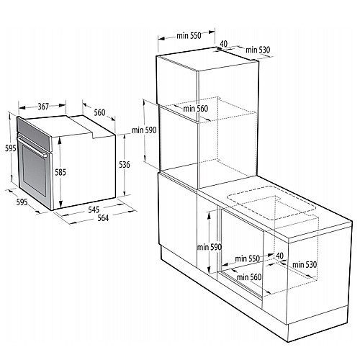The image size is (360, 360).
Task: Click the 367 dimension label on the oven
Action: pyautogui.click(x=43, y=107)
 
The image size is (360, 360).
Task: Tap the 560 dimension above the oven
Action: pyautogui.click(x=99, y=112)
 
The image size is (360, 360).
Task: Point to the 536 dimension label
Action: pyautogui.click(x=125, y=165)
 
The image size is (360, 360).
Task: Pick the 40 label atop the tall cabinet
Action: pyautogui.click(x=224, y=45)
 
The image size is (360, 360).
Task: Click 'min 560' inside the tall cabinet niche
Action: pyautogui.click(x=196, y=109)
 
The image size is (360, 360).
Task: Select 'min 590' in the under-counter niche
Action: pyautogui.click(x=208, y=248)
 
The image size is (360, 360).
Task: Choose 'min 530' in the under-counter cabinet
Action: pyautogui.click(x=301, y=265)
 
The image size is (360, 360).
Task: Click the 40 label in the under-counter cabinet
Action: pyautogui.click(x=279, y=256)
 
